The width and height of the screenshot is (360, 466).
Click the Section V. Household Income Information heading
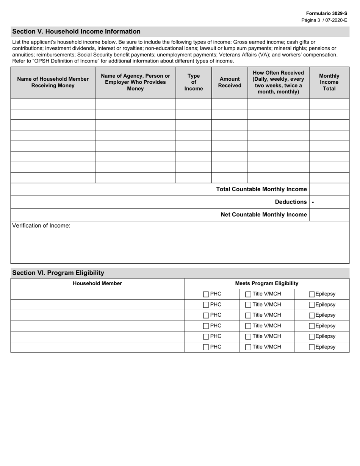76,31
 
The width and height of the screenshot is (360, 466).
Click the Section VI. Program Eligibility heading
58,273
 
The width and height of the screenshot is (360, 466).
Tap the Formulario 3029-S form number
327,13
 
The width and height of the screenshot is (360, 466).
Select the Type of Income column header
193,82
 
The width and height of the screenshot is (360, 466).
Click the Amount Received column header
229,82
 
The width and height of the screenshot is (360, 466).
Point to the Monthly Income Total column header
329,82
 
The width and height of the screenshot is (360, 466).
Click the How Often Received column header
278,82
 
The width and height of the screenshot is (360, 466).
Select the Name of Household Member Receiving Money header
53,82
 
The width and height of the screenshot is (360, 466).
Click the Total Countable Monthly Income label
261,189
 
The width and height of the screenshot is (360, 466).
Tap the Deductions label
291,202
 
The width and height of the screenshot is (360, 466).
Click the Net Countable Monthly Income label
264,214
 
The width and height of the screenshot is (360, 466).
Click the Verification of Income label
41,226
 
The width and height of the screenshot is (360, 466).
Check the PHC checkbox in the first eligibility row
206,294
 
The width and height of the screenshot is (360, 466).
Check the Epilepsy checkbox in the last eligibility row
311,347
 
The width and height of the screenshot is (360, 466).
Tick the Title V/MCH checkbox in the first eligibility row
248,294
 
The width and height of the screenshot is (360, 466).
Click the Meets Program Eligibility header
266,283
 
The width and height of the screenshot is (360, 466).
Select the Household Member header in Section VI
97,283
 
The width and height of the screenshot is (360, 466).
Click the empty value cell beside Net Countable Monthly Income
329,214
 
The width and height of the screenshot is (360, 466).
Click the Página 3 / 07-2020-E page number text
324,20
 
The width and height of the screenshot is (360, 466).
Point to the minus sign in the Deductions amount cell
313,202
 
